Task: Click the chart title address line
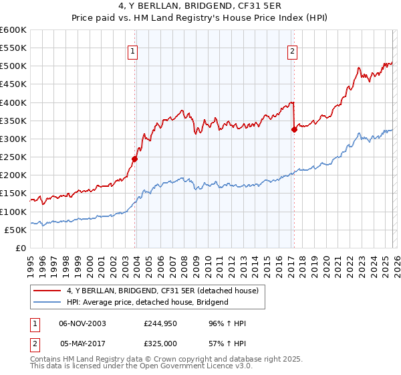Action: click(x=200, y=7)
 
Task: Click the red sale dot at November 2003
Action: click(x=134, y=159)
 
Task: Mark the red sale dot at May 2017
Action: click(x=294, y=130)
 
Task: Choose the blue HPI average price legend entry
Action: click(x=148, y=302)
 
